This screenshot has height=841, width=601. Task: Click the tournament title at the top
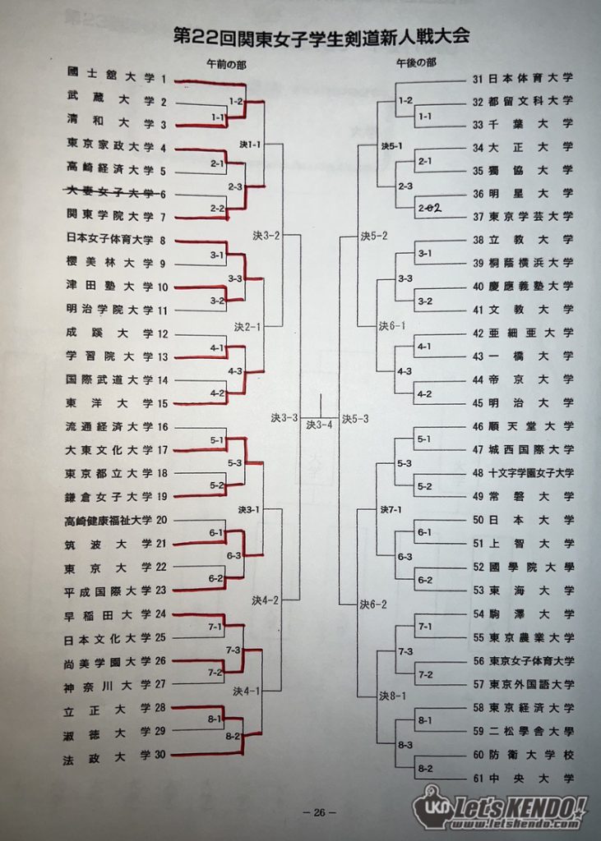pyautogui.click(x=321, y=36)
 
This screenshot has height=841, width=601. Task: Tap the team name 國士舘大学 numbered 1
pyautogui.click(x=111, y=75)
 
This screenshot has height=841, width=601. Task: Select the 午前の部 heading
pyautogui.click(x=226, y=64)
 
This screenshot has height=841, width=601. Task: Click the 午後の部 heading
pyautogui.click(x=416, y=63)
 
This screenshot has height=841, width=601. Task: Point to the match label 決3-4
pyautogui.click(x=320, y=425)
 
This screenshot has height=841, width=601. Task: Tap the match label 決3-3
pyautogui.click(x=284, y=418)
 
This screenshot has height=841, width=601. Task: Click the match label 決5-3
pyautogui.click(x=355, y=419)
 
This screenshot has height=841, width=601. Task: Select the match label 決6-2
pyautogui.click(x=373, y=605)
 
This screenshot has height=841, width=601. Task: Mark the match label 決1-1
pyautogui.click(x=250, y=145)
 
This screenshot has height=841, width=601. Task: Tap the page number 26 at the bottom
pyautogui.click(x=320, y=812)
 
